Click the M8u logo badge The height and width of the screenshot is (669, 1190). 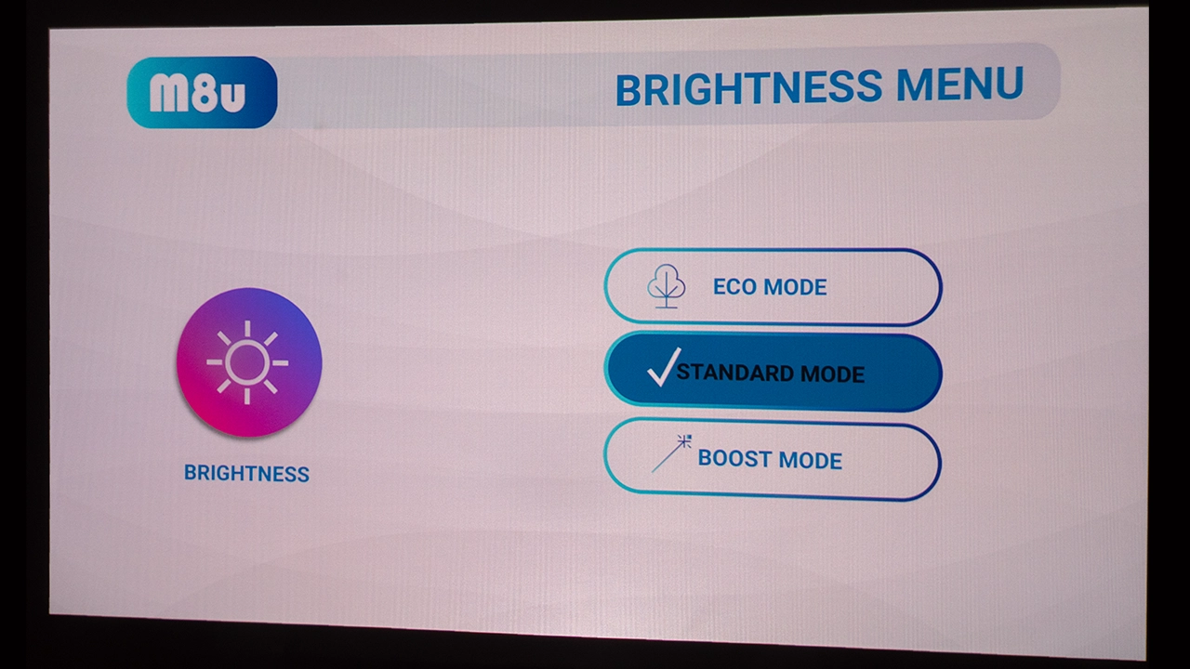click(x=202, y=92)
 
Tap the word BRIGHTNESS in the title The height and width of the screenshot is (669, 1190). click(x=749, y=87)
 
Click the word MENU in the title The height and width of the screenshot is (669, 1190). click(x=959, y=84)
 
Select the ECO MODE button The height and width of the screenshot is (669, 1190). click(x=773, y=287)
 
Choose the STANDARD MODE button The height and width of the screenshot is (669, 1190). click(x=773, y=372)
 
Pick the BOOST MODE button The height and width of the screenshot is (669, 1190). click(x=772, y=459)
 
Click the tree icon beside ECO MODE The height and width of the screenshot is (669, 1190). click(x=667, y=286)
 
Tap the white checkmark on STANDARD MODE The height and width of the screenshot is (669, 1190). click(x=663, y=367)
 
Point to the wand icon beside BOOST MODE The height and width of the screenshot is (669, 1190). click(x=671, y=453)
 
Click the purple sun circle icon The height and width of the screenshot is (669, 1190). click(x=249, y=362)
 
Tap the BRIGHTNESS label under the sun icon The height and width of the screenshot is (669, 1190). click(x=246, y=473)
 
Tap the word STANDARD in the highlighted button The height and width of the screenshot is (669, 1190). click(x=735, y=373)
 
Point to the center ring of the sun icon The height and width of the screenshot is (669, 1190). click(x=247, y=362)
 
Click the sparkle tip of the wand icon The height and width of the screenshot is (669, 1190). click(x=685, y=440)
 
